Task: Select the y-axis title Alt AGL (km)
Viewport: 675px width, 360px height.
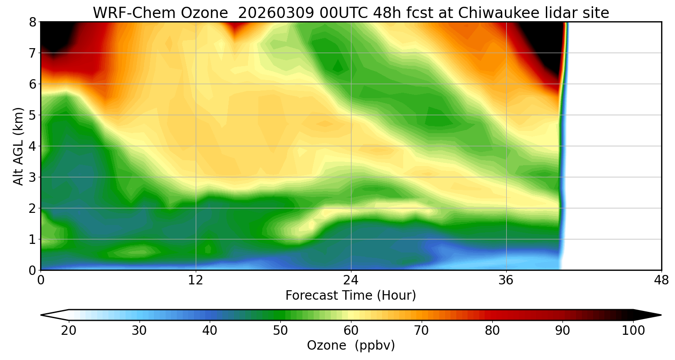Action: click(18, 146)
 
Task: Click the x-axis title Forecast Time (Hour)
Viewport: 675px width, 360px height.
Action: click(351, 296)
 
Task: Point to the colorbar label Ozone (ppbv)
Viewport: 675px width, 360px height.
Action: click(351, 346)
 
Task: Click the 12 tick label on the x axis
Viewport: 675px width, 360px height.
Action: click(196, 280)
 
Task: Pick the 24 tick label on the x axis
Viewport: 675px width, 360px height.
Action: click(351, 280)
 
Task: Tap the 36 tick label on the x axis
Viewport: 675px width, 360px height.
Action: click(506, 280)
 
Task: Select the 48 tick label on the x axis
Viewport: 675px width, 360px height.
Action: click(661, 280)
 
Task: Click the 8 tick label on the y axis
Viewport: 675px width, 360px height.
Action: click(32, 22)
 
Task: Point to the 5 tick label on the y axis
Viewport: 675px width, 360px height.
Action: click(32, 115)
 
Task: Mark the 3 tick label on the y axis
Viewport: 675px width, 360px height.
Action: click(32, 177)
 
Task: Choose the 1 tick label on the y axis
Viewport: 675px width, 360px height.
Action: click(32, 239)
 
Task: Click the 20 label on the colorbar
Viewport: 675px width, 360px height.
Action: click(69, 331)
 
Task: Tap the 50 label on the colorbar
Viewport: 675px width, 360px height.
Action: click(280, 331)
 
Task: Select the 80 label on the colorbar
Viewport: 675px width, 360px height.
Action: click(492, 331)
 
